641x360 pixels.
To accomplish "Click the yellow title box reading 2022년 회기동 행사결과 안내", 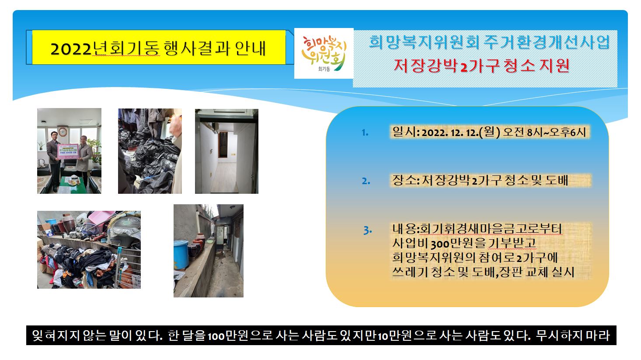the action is [159, 47].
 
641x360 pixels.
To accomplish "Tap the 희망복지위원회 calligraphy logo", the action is [324, 53].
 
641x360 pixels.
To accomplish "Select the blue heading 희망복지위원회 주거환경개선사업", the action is [489, 42].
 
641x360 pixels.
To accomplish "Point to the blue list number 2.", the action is [366, 181].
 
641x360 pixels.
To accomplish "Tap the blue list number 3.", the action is [368, 230].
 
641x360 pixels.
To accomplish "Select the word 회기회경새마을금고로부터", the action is [491, 229].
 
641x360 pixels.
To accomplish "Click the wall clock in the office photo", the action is [63, 132].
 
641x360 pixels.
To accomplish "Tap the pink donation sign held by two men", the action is [68, 151].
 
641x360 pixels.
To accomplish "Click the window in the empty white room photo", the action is [223, 145].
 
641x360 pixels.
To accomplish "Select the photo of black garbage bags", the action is [150, 151].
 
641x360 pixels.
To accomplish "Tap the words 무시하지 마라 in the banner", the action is [573, 336].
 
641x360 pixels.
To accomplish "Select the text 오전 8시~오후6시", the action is [544, 133].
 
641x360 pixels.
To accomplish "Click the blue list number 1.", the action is [365, 133].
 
